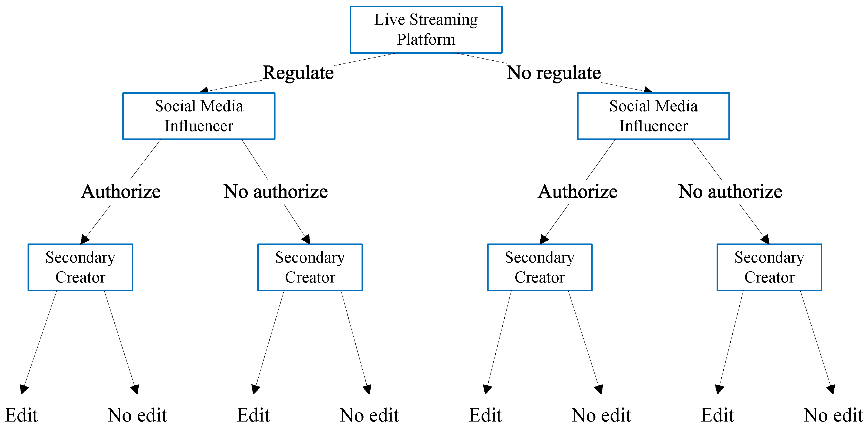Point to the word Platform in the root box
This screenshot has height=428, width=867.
pos(426,39)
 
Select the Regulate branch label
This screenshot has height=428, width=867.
pos(298,73)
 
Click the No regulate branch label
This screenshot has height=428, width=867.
pos(554,73)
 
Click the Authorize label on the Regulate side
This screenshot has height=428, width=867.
pos(121,192)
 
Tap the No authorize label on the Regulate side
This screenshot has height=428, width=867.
pos(276,192)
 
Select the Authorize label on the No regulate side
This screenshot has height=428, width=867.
pos(577,192)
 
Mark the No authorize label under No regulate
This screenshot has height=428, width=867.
pos(730,192)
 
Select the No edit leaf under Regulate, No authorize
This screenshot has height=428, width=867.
pos(369,415)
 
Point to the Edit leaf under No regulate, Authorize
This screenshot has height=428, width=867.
pos(485,415)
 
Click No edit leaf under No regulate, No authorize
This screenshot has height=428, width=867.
pos(833,415)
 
